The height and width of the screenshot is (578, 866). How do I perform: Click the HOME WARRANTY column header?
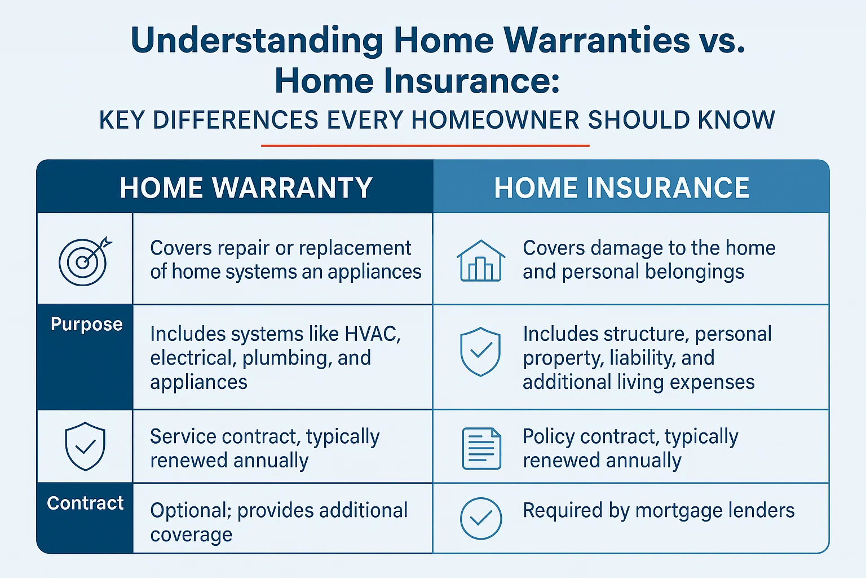point(246,187)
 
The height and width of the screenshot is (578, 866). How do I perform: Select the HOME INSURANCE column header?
point(622,187)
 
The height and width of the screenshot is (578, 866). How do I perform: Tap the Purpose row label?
point(86,324)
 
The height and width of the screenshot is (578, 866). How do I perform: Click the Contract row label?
point(85,503)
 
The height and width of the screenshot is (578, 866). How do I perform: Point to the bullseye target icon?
point(85,261)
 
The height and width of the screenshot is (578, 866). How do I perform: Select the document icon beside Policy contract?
point(481,448)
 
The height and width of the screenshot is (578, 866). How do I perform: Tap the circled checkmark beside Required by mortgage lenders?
point(481,518)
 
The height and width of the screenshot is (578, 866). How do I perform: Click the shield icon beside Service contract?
point(85,447)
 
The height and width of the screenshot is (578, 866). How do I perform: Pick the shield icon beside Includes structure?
point(480,352)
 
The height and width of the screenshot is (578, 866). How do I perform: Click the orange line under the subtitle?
point(425,146)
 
